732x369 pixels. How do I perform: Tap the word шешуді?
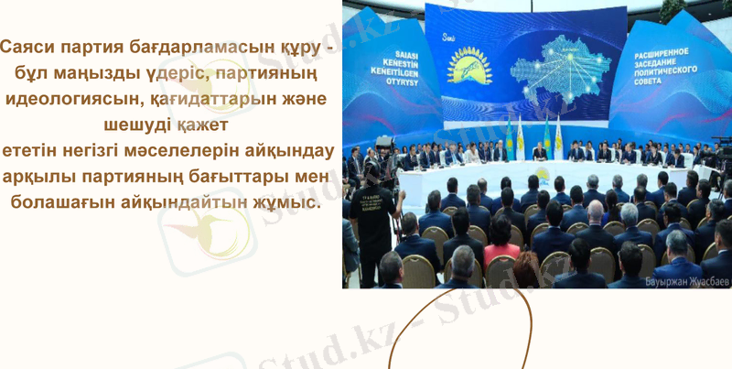[x=136, y=124]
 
